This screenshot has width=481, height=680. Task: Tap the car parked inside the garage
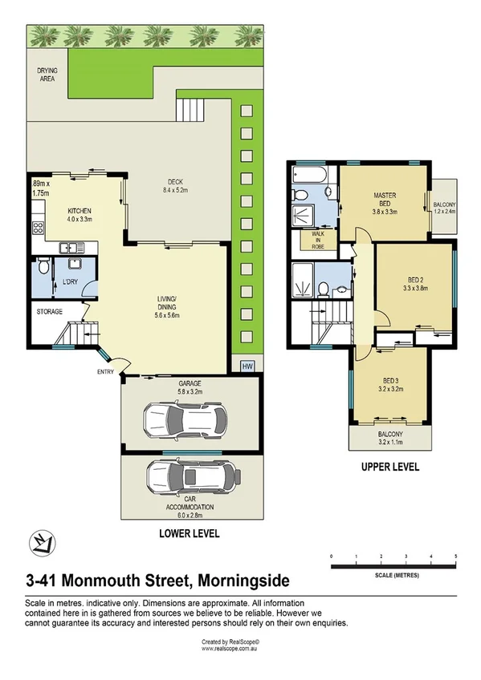point(183,419)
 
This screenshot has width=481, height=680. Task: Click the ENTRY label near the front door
point(105,371)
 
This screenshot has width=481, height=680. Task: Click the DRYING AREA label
point(48,75)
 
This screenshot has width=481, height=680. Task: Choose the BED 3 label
point(390,385)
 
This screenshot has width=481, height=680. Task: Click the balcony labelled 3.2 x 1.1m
point(390,436)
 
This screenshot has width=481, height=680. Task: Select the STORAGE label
point(50,311)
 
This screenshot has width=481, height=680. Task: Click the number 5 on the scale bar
point(455,555)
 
